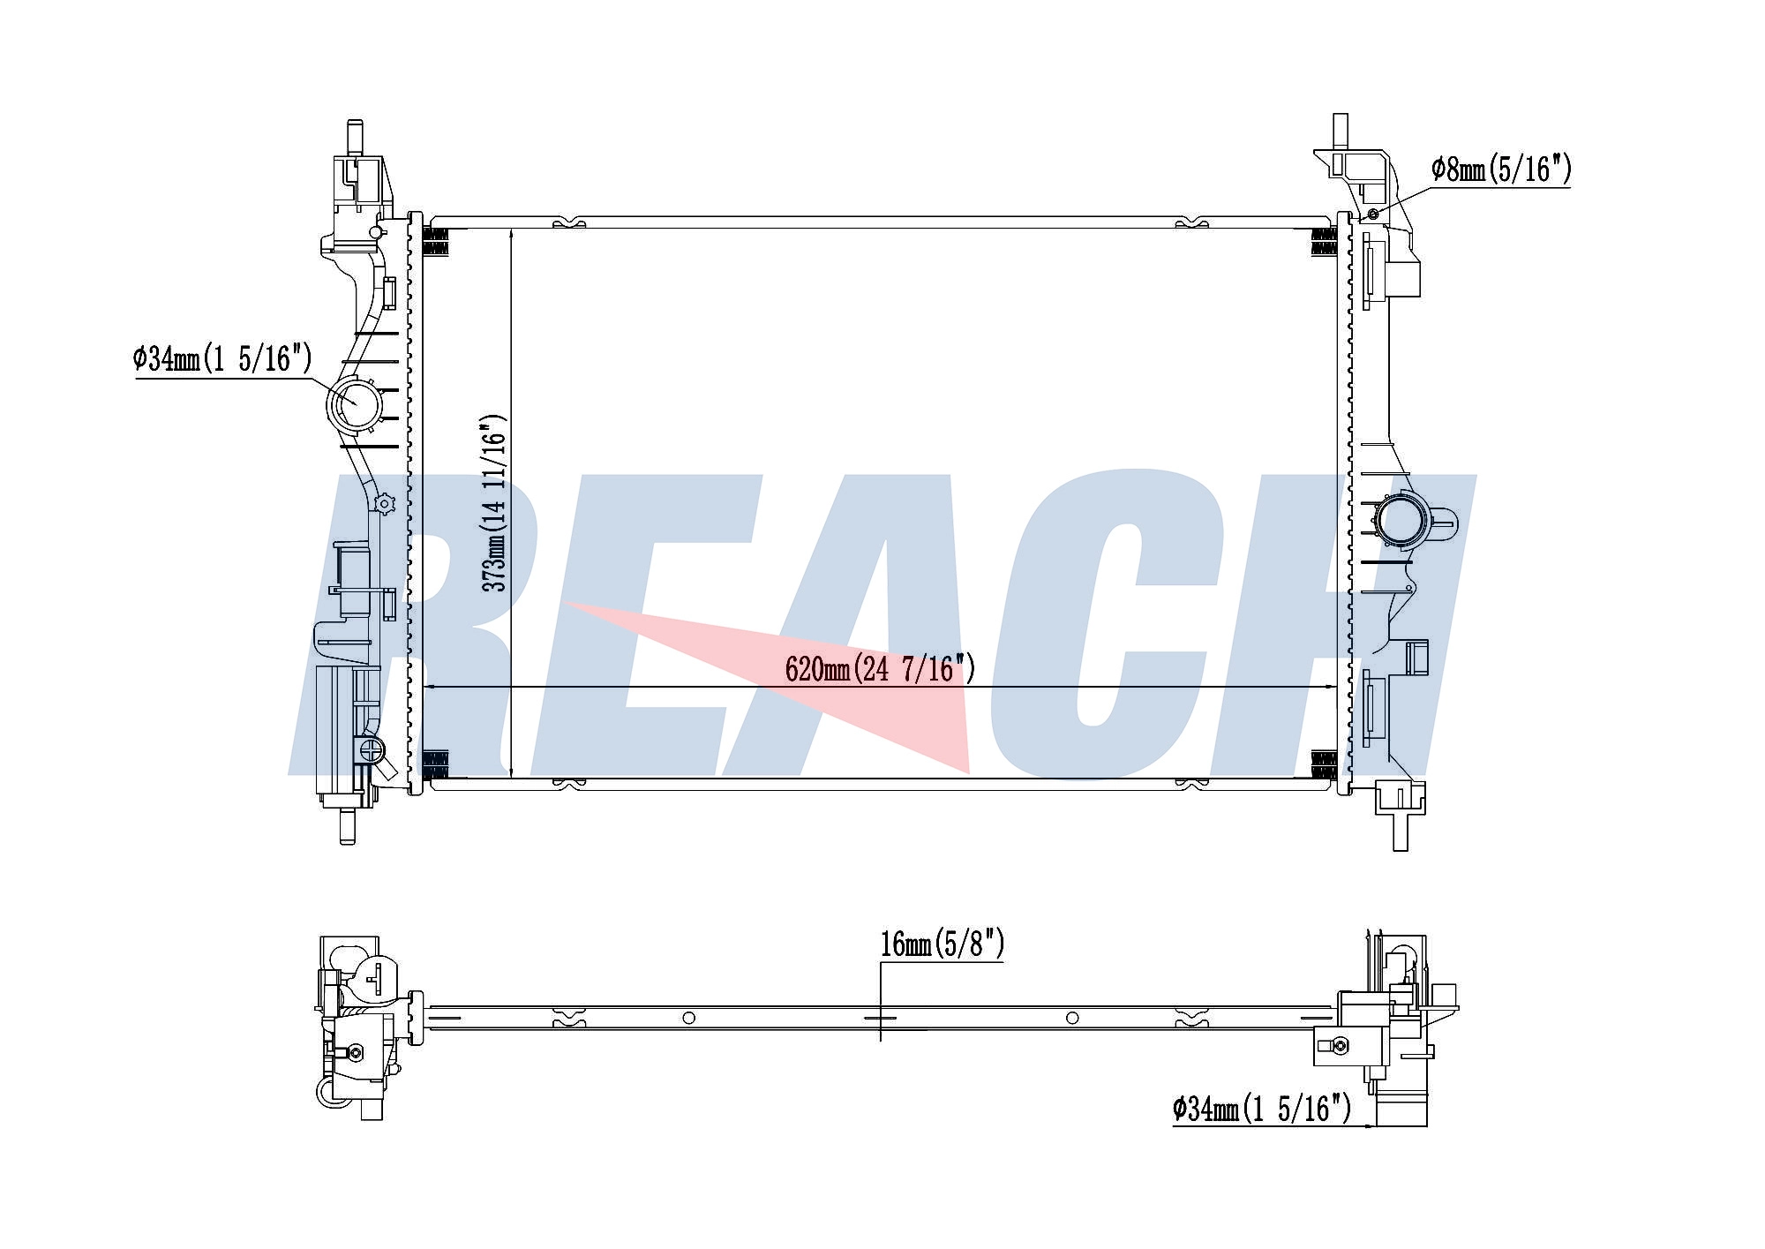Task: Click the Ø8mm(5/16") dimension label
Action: point(1501,169)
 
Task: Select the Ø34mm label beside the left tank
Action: point(222,359)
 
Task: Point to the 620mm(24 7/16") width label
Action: point(880,669)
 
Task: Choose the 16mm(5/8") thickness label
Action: point(943,944)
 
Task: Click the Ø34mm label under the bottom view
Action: point(1262,1108)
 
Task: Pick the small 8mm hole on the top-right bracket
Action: point(1372,214)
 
